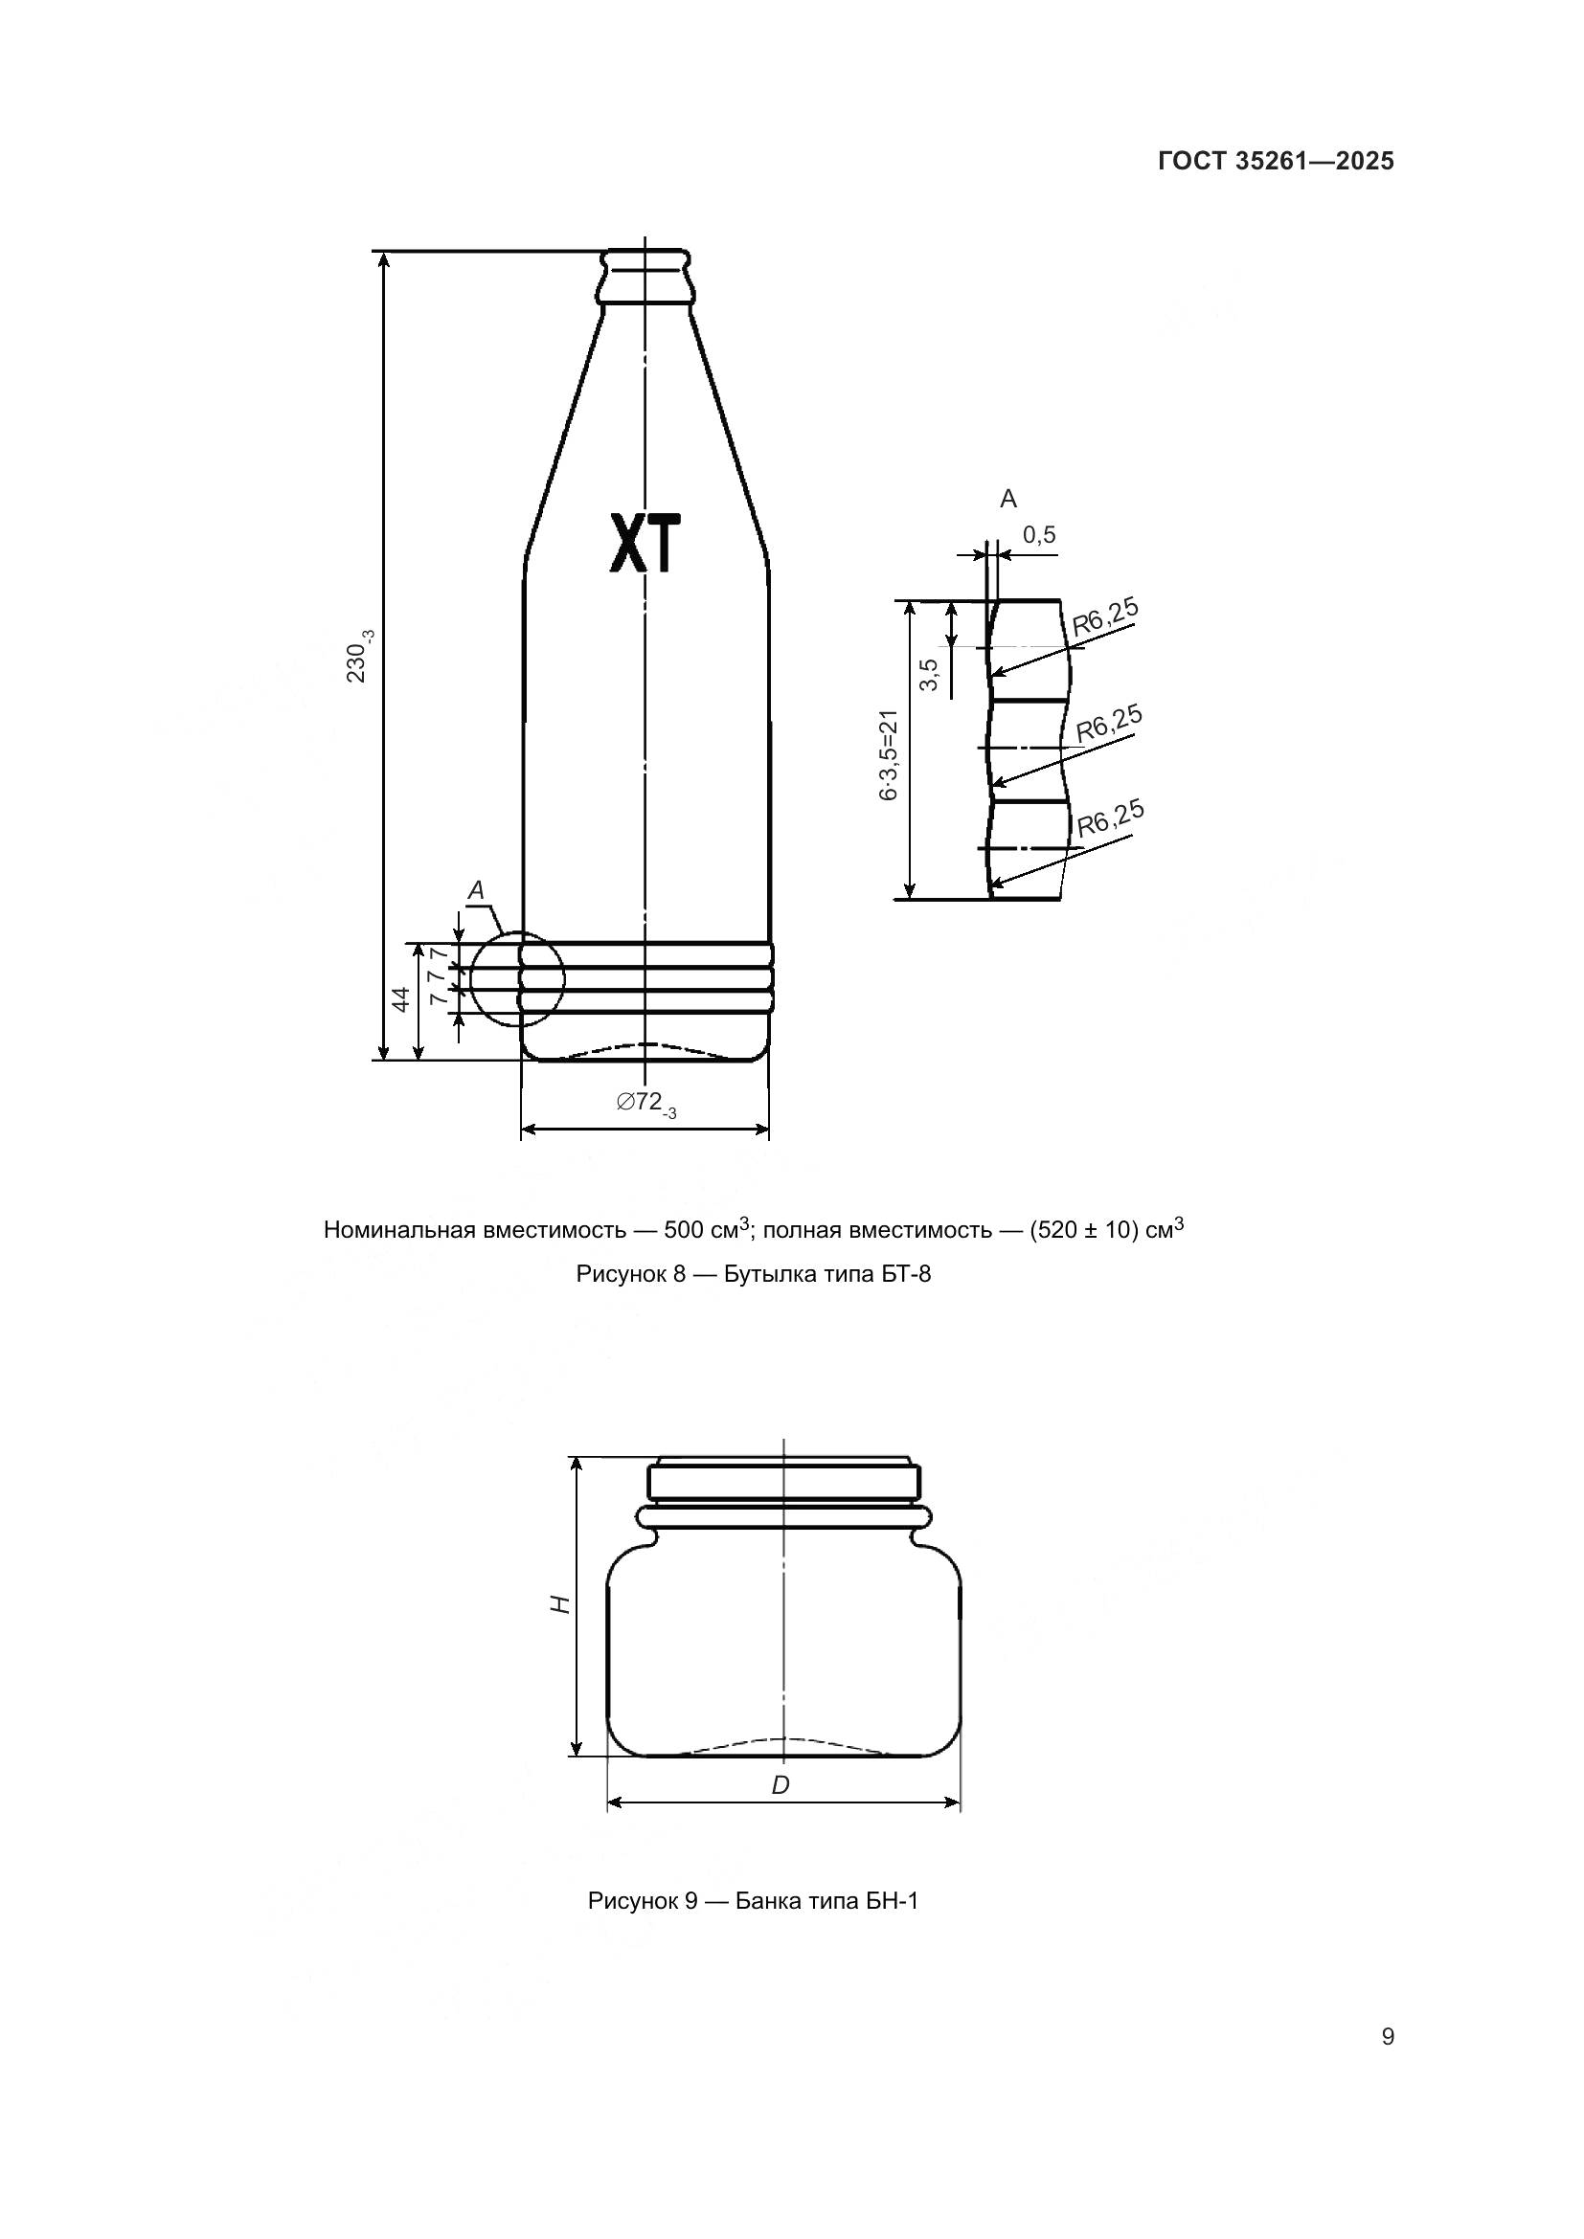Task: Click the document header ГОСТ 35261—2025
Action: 1276,162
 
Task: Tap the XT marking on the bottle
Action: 644,543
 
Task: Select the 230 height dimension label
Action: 359,656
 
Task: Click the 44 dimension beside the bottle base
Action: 401,999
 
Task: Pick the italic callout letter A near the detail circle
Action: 476,889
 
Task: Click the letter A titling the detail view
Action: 1007,500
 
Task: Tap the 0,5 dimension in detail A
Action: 1039,534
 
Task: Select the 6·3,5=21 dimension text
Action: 889,756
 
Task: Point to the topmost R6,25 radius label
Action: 1105,617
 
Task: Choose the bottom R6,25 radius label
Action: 1110,820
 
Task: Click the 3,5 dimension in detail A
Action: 930,674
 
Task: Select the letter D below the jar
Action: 781,1785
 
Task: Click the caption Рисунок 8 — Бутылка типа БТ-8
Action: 753,1273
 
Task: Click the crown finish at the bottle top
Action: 645,276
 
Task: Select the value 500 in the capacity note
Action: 685,1230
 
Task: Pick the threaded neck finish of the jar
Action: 784,1479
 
